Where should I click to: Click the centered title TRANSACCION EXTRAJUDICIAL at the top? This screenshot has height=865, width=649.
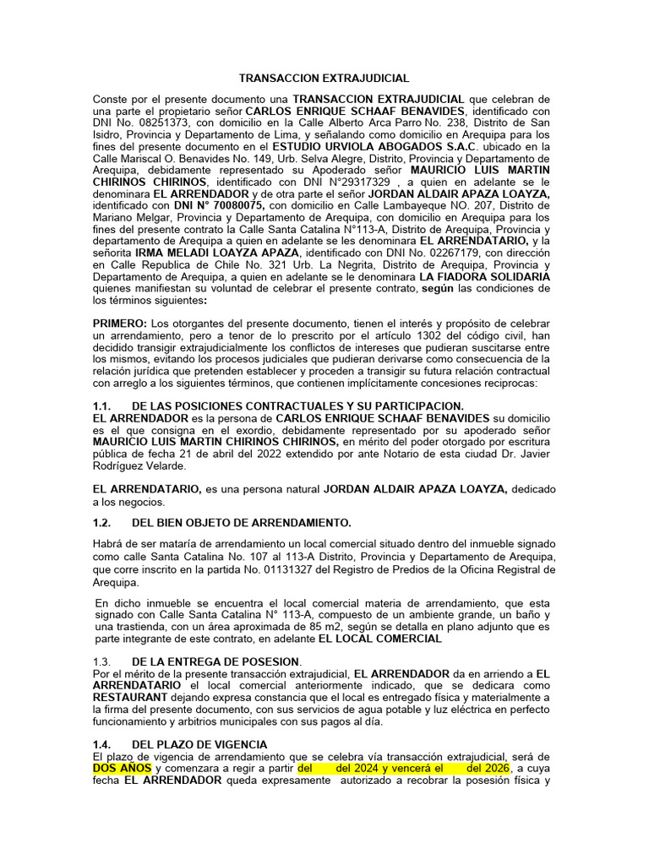[324, 77]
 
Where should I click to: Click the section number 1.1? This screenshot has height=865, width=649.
[103, 406]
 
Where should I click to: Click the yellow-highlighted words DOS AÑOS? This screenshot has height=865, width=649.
[123, 768]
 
